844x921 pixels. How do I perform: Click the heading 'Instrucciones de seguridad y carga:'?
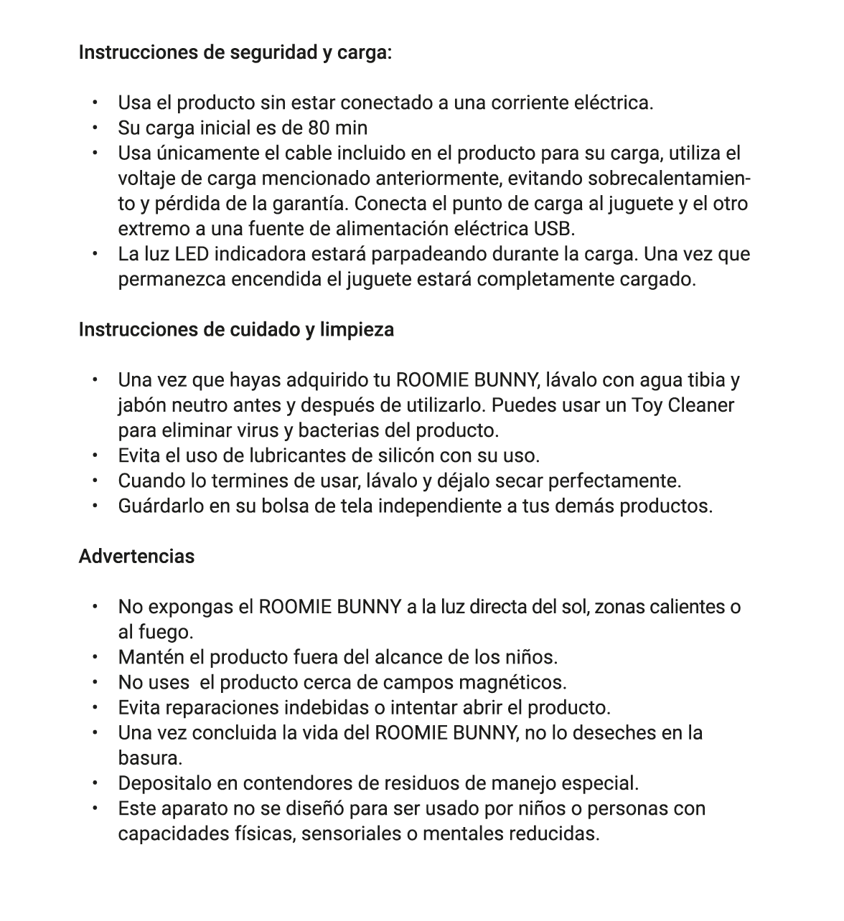(235, 52)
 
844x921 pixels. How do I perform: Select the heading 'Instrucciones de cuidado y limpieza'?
(236, 330)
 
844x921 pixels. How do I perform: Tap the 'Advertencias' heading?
(136, 557)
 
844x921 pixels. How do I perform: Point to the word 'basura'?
(149, 758)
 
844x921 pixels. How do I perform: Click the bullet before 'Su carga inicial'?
(94, 128)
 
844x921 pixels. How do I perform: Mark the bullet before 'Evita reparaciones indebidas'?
(94, 708)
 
